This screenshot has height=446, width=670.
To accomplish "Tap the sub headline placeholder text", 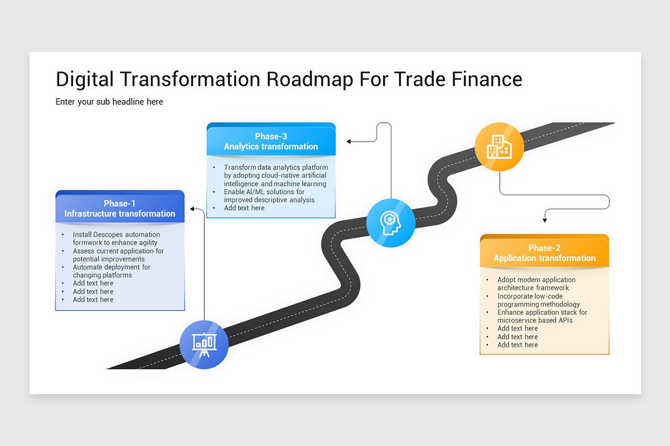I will (109, 101).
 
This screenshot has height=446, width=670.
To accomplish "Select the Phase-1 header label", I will (119, 203).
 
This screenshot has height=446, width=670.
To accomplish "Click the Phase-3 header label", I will (271, 136).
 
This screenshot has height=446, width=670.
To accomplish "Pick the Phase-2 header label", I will (544, 248).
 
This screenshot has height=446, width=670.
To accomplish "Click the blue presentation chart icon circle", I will (204, 344).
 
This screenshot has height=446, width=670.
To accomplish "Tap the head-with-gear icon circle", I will (391, 223).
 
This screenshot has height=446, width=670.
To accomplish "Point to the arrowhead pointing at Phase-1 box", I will (192, 209).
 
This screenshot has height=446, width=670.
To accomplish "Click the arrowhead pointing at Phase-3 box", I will (348, 142).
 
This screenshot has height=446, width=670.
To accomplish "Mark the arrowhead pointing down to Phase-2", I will (544, 220).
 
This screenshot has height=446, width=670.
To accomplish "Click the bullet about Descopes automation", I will (116, 239).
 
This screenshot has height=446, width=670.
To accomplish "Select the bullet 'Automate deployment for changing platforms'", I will (111, 271).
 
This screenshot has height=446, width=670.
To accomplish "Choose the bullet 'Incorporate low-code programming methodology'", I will (538, 300).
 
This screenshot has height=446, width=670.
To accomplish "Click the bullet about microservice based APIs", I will (542, 316).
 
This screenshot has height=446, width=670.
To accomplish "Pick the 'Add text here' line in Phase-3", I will (244, 208).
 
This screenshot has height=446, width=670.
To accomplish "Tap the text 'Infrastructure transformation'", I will (119, 214).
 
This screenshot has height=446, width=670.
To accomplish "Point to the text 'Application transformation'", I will (544, 258).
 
